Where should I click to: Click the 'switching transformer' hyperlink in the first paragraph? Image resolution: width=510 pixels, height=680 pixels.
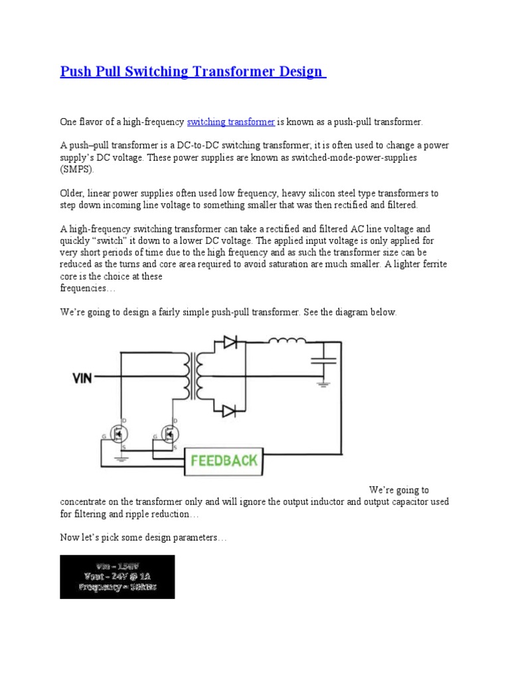(230, 122)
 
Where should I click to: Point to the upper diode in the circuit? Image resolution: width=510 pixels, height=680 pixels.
(230, 343)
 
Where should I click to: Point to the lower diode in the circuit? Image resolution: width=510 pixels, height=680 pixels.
(230, 410)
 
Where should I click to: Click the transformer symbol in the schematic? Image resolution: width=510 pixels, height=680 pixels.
(197, 376)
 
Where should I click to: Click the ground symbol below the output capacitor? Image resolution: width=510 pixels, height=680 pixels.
(323, 383)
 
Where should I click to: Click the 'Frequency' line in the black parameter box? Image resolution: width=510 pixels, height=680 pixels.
(117, 587)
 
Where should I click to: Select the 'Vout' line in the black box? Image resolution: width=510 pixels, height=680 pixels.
(117, 576)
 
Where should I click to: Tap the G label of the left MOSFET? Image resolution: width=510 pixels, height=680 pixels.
(102, 436)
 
